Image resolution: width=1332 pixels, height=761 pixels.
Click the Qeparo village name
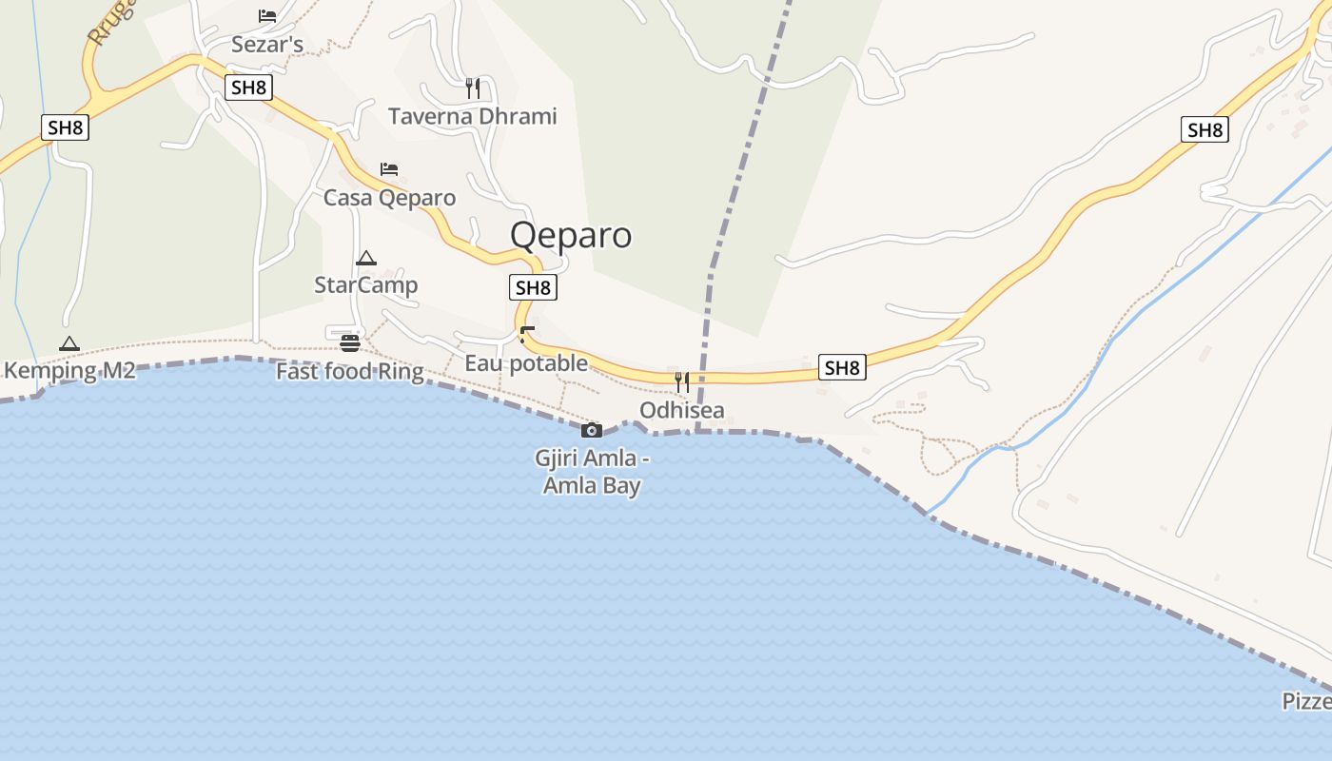pyautogui.click(x=571, y=235)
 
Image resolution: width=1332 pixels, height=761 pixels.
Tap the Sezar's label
pyautogui.click(x=267, y=45)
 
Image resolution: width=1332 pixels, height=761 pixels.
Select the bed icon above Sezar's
pyautogui.click(x=267, y=16)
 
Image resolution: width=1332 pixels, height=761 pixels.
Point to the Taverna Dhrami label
pyautogui.click(x=473, y=117)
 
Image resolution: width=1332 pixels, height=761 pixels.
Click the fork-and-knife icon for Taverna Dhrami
pyautogui.click(x=473, y=88)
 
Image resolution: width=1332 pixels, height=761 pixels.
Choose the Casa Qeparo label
pyautogui.click(x=389, y=198)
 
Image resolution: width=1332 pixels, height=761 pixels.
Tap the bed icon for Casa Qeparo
pyautogui.click(x=389, y=169)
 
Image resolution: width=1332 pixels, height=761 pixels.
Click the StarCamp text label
pyautogui.click(x=366, y=285)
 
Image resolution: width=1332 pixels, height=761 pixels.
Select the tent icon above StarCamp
pyautogui.click(x=366, y=258)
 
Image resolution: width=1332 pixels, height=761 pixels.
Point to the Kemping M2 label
pyautogui.click(x=69, y=371)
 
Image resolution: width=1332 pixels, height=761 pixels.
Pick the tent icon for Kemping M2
pyautogui.click(x=69, y=343)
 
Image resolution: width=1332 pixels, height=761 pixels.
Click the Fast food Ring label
pyautogui.click(x=349, y=371)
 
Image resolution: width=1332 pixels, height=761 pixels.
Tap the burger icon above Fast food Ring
pyautogui.click(x=350, y=343)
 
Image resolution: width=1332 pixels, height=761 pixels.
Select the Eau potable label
pyautogui.click(x=526, y=363)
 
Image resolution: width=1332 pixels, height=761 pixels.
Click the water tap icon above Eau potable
pyautogui.click(x=526, y=335)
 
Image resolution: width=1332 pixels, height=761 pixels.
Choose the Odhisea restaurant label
pyautogui.click(x=682, y=411)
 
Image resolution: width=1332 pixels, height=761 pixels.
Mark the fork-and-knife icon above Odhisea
pyautogui.click(x=682, y=382)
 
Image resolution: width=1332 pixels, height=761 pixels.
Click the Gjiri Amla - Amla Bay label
pyautogui.click(x=592, y=472)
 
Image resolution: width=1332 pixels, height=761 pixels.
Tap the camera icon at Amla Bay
pyautogui.click(x=592, y=430)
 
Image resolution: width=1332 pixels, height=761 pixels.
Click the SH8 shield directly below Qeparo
pyautogui.click(x=533, y=287)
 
